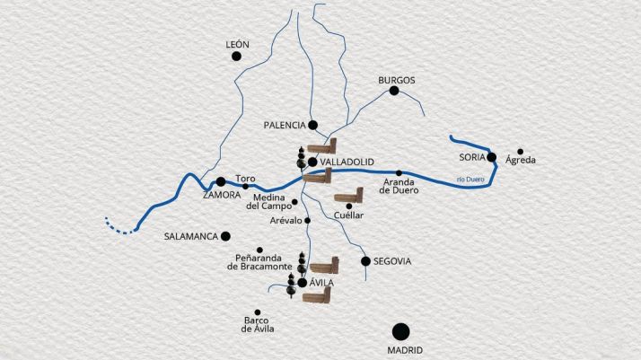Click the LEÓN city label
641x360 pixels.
pyautogui.click(x=238, y=43)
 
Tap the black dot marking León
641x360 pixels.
pyautogui.click(x=237, y=57)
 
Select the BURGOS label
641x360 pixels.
pyautogui.click(x=396, y=80)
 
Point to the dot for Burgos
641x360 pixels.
pyautogui.click(x=393, y=92)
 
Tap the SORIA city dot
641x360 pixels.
pyautogui.click(x=492, y=157)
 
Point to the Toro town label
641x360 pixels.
pyautogui.click(x=245, y=178)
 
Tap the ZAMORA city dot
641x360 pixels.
pyautogui.click(x=221, y=181)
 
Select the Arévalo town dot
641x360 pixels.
pyautogui.click(x=307, y=220)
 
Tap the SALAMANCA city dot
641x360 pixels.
pyautogui.click(x=225, y=236)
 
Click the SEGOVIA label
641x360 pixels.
pyautogui.click(x=392, y=261)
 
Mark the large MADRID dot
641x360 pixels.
pyautogui.click(x=400, y=331)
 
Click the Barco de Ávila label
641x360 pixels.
pyautogui.click(x=258, y=324)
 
